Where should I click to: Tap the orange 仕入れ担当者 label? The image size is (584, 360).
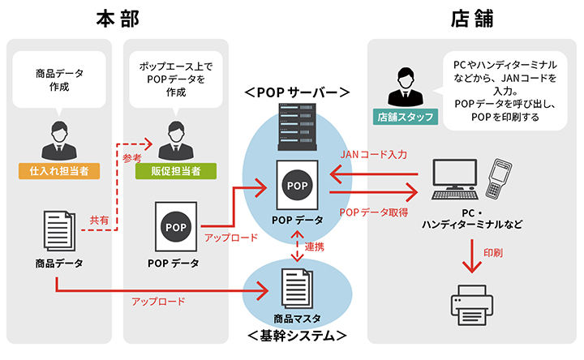[x=58, y=171]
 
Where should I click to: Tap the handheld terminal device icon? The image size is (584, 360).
[x=496, y=179]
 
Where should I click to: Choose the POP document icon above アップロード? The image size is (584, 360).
[x=174, y=226]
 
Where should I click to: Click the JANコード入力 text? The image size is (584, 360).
[x=373, y=154]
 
